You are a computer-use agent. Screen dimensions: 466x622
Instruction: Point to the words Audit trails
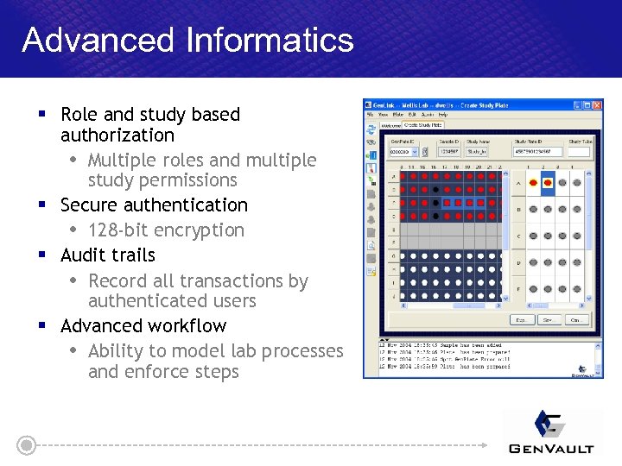pos(108,255)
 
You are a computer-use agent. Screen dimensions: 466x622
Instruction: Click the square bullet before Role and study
pos(41,114)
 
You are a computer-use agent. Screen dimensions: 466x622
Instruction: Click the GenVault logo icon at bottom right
pos(551,425)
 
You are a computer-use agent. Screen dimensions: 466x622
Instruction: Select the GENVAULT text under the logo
pos(551,448)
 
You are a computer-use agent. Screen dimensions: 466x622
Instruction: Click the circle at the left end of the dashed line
pos(27,445)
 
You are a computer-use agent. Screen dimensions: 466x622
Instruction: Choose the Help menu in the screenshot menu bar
pos(443,115)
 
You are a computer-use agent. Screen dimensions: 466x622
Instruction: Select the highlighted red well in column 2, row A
pos(545,183)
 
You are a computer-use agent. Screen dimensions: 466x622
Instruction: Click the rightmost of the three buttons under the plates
pos(577,320)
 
